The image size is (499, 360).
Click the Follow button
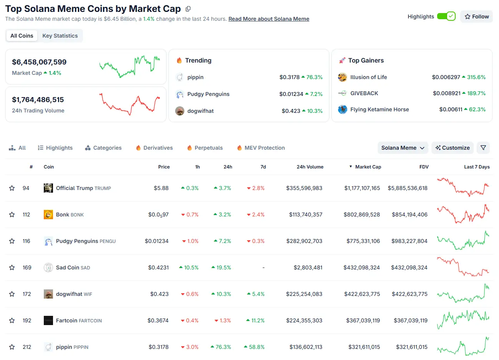coord(476,17)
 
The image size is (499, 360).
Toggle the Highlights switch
coord(446,16)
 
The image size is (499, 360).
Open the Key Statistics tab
coord(60,36)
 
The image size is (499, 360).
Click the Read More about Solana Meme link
coord(269,19)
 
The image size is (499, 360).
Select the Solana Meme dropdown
coord(403,148)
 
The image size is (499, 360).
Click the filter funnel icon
coord(483,148)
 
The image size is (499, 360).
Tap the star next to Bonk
coord(12,215)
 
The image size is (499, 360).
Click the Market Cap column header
coord(368,167)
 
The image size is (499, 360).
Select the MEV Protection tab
coord(261,148)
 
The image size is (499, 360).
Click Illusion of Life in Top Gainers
coord(368,77)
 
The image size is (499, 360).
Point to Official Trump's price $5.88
coord(161,188)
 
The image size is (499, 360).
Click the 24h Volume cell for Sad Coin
coord(308,268)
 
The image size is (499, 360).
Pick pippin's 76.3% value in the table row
coord(223,347)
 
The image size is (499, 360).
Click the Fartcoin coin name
coord(66,320)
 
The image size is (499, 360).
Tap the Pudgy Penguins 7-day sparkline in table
coord(463,241)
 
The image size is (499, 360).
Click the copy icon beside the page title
coord(188,9)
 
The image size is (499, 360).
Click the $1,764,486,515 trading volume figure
coord(38,100)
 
